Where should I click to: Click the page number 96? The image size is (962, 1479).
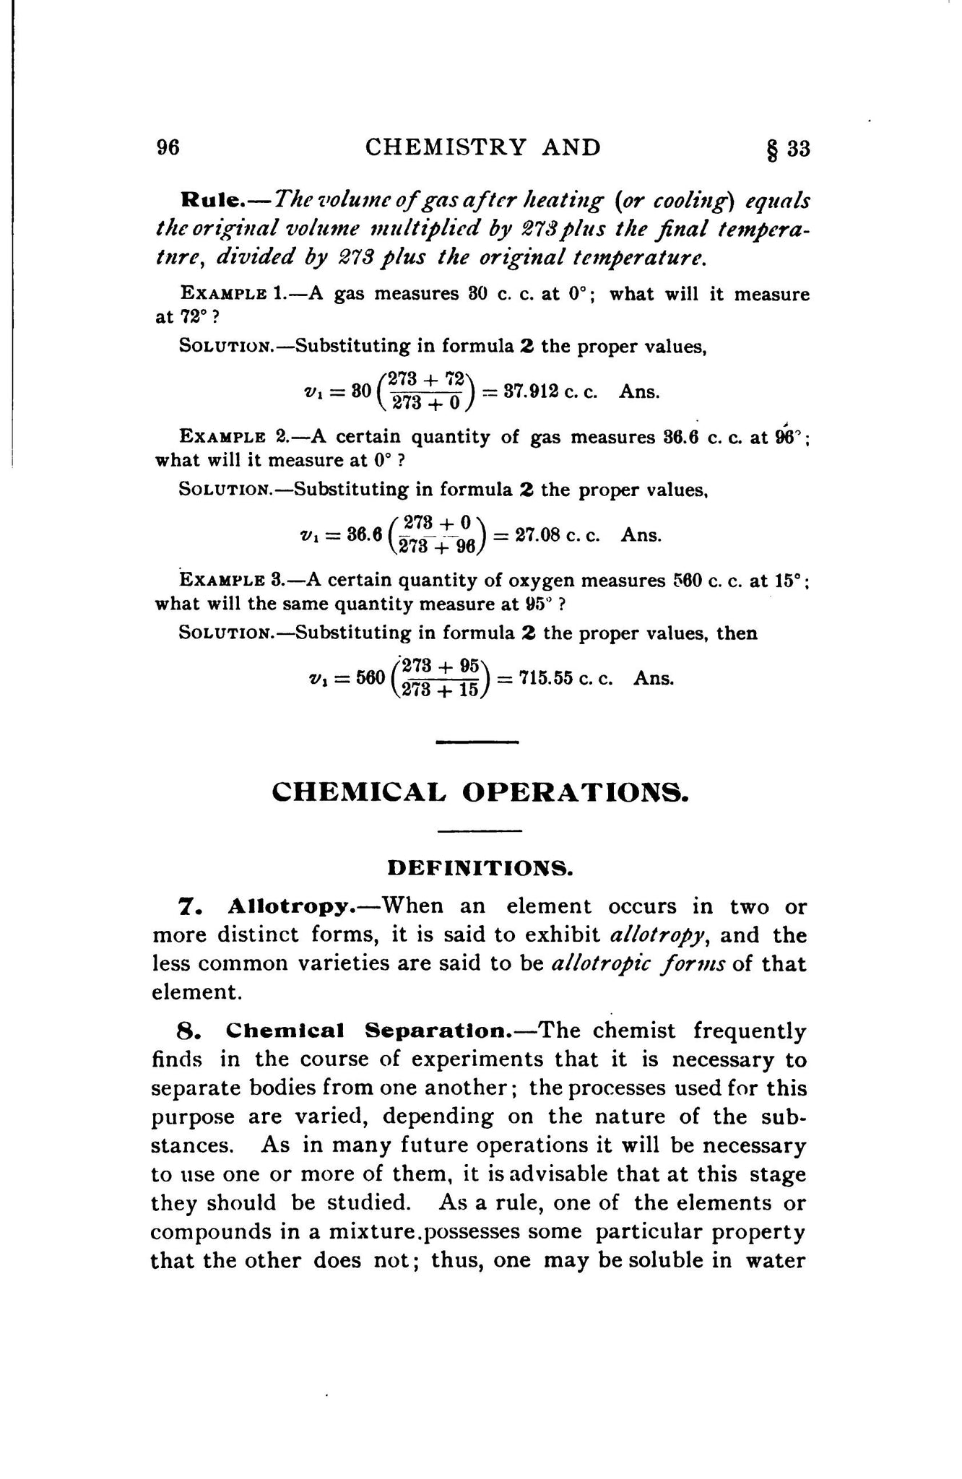click(x=168, y=148)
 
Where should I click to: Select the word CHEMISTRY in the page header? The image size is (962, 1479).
click(x=446, y=147)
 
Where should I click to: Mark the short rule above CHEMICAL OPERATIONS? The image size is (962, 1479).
click(x=479, y=742)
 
